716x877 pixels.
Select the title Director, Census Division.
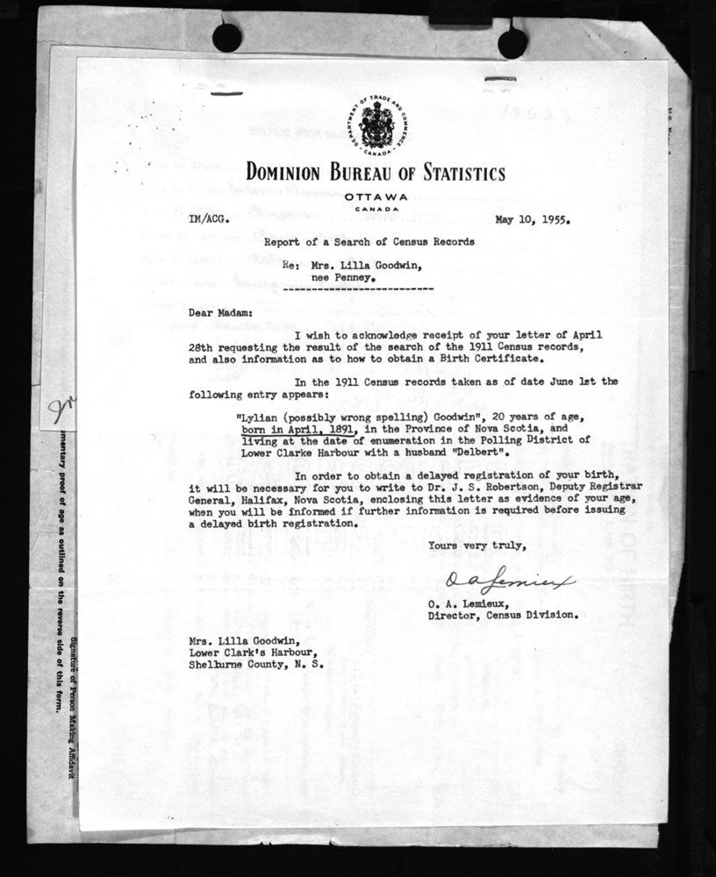503,615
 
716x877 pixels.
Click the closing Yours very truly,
478,545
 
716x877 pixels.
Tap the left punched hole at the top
226,37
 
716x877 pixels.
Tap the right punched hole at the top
512,41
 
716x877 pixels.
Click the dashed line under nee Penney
360,289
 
